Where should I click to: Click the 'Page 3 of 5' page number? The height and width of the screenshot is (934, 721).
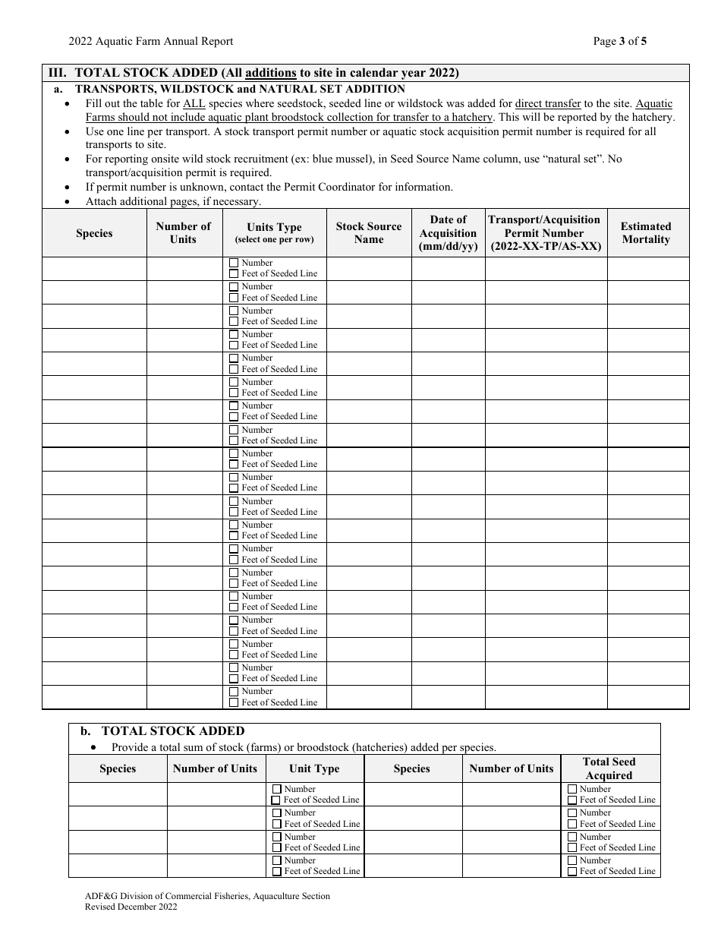coord(619,42)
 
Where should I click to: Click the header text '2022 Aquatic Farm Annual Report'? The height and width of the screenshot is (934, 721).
coord(150,42)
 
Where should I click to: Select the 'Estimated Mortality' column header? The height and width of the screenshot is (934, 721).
coord(646,233)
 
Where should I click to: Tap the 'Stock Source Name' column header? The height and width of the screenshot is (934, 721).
coord(369,233)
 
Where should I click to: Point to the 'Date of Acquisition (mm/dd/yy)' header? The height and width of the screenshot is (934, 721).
coord(448,233)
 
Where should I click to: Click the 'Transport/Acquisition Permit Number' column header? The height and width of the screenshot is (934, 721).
coord(545,233)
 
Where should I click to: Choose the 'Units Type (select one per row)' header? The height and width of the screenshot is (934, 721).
coord(274,233)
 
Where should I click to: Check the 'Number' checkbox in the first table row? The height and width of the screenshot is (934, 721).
coord(234,263)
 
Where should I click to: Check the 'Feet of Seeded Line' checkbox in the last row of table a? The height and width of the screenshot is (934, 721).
coord(234,703)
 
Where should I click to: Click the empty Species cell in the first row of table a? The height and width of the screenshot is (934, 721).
coord(94,269)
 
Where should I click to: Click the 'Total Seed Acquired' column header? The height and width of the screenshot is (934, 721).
coord(609,768)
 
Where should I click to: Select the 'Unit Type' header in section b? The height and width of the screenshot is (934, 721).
coord(314,768)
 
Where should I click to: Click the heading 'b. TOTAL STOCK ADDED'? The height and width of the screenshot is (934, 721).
coord(162,731)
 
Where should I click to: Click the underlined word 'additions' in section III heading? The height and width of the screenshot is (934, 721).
coord(270,74)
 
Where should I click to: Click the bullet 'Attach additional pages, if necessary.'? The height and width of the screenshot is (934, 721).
coord(173,201)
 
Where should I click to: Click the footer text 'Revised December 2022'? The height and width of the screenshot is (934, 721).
coord(131,907)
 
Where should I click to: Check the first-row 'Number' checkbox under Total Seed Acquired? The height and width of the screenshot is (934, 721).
coord(572,790)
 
